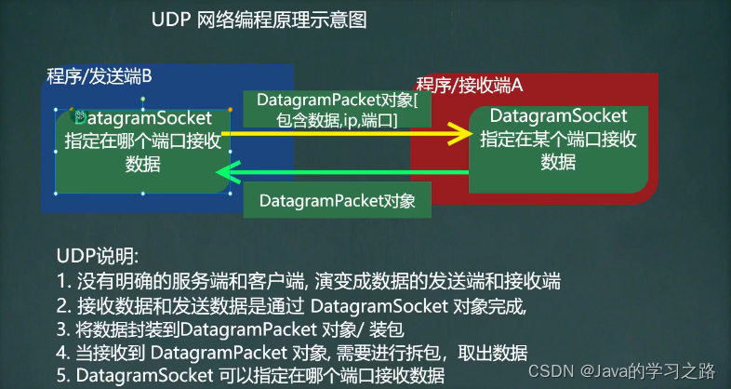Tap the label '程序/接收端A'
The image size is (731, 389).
coord(470,86)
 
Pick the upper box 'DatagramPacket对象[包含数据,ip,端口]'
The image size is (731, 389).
coord(337,109)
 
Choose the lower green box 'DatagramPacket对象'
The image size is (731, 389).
coord(337,200)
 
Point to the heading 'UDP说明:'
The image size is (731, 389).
coord(98,256)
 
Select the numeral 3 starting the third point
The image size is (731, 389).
coord(60,329)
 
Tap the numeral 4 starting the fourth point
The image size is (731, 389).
coord(60,353)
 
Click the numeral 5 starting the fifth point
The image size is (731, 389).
coord(60,376)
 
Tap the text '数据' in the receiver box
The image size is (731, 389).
coord(558,162)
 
